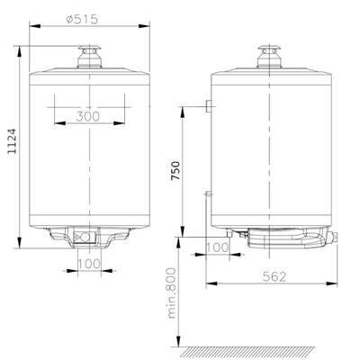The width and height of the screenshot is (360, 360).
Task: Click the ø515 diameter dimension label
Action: [x=82, y=20]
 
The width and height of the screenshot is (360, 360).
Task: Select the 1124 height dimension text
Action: [x=13, y=141]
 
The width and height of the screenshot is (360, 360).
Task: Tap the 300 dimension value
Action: [x=87, y=116]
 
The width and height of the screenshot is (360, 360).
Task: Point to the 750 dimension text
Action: [x=175, y=171]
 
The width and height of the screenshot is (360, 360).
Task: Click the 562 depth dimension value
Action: [x=274, y=276]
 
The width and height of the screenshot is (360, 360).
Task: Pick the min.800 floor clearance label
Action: [x=172, y=293]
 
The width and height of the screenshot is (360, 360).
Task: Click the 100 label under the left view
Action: [x=89, y=264]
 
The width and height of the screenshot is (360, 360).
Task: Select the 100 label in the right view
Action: [x=218, y=247]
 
